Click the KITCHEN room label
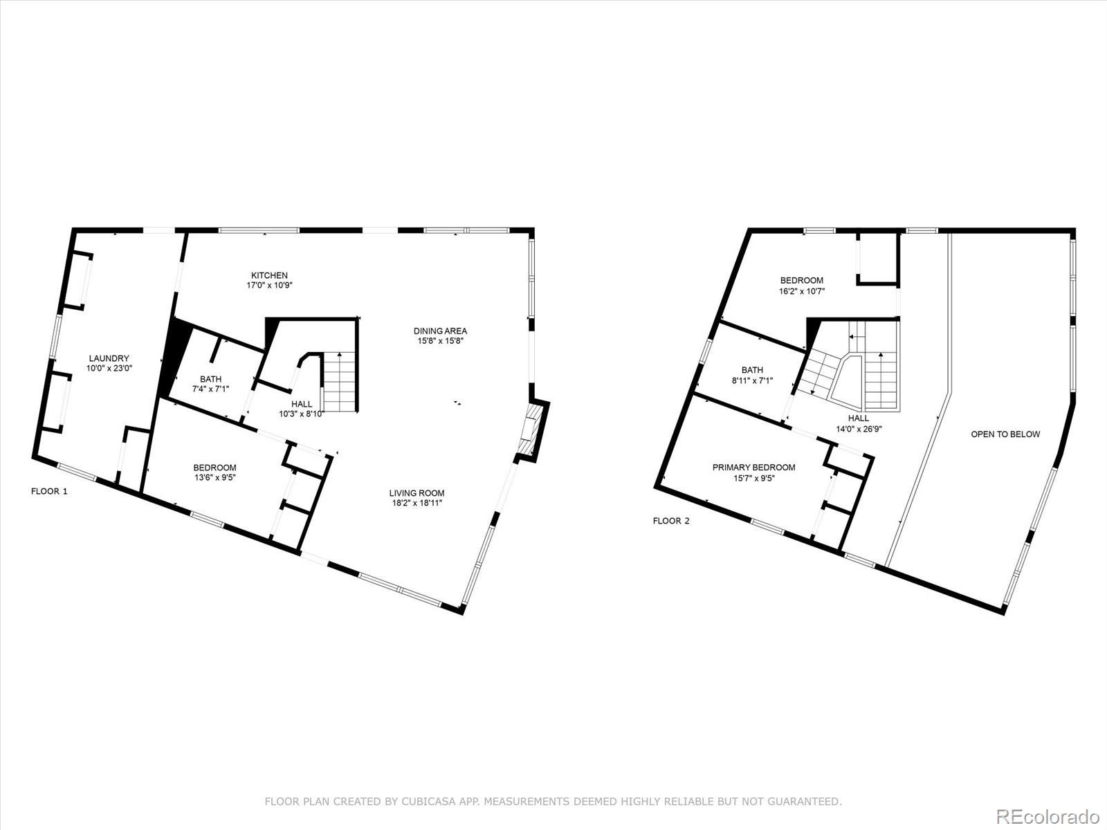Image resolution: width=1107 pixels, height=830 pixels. pos(269,275)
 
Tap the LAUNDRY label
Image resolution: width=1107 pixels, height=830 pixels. pos(109,358)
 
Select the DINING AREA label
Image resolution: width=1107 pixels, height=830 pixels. pos(440,331)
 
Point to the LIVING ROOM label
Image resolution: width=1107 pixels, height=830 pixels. pos(417,493)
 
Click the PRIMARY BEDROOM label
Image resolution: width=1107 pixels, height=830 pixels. pos(754,467)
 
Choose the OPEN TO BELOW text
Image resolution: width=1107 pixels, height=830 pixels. pos(1005,434)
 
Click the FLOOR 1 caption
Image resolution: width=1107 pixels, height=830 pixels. pos(49,491)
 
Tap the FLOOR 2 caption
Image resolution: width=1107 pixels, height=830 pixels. pos(670,521)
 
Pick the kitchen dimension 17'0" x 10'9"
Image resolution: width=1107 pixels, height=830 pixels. pos(269,285)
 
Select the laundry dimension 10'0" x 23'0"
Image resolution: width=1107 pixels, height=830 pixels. pos(109,369)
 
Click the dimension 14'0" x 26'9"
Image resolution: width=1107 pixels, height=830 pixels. pos(859,429)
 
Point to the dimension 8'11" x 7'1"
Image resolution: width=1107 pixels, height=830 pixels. pos(753,381)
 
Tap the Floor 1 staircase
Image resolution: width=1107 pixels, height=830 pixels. pos(340,382)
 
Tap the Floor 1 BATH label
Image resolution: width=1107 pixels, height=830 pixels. pos(210,379)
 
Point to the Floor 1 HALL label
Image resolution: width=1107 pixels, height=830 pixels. pos(302,404)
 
